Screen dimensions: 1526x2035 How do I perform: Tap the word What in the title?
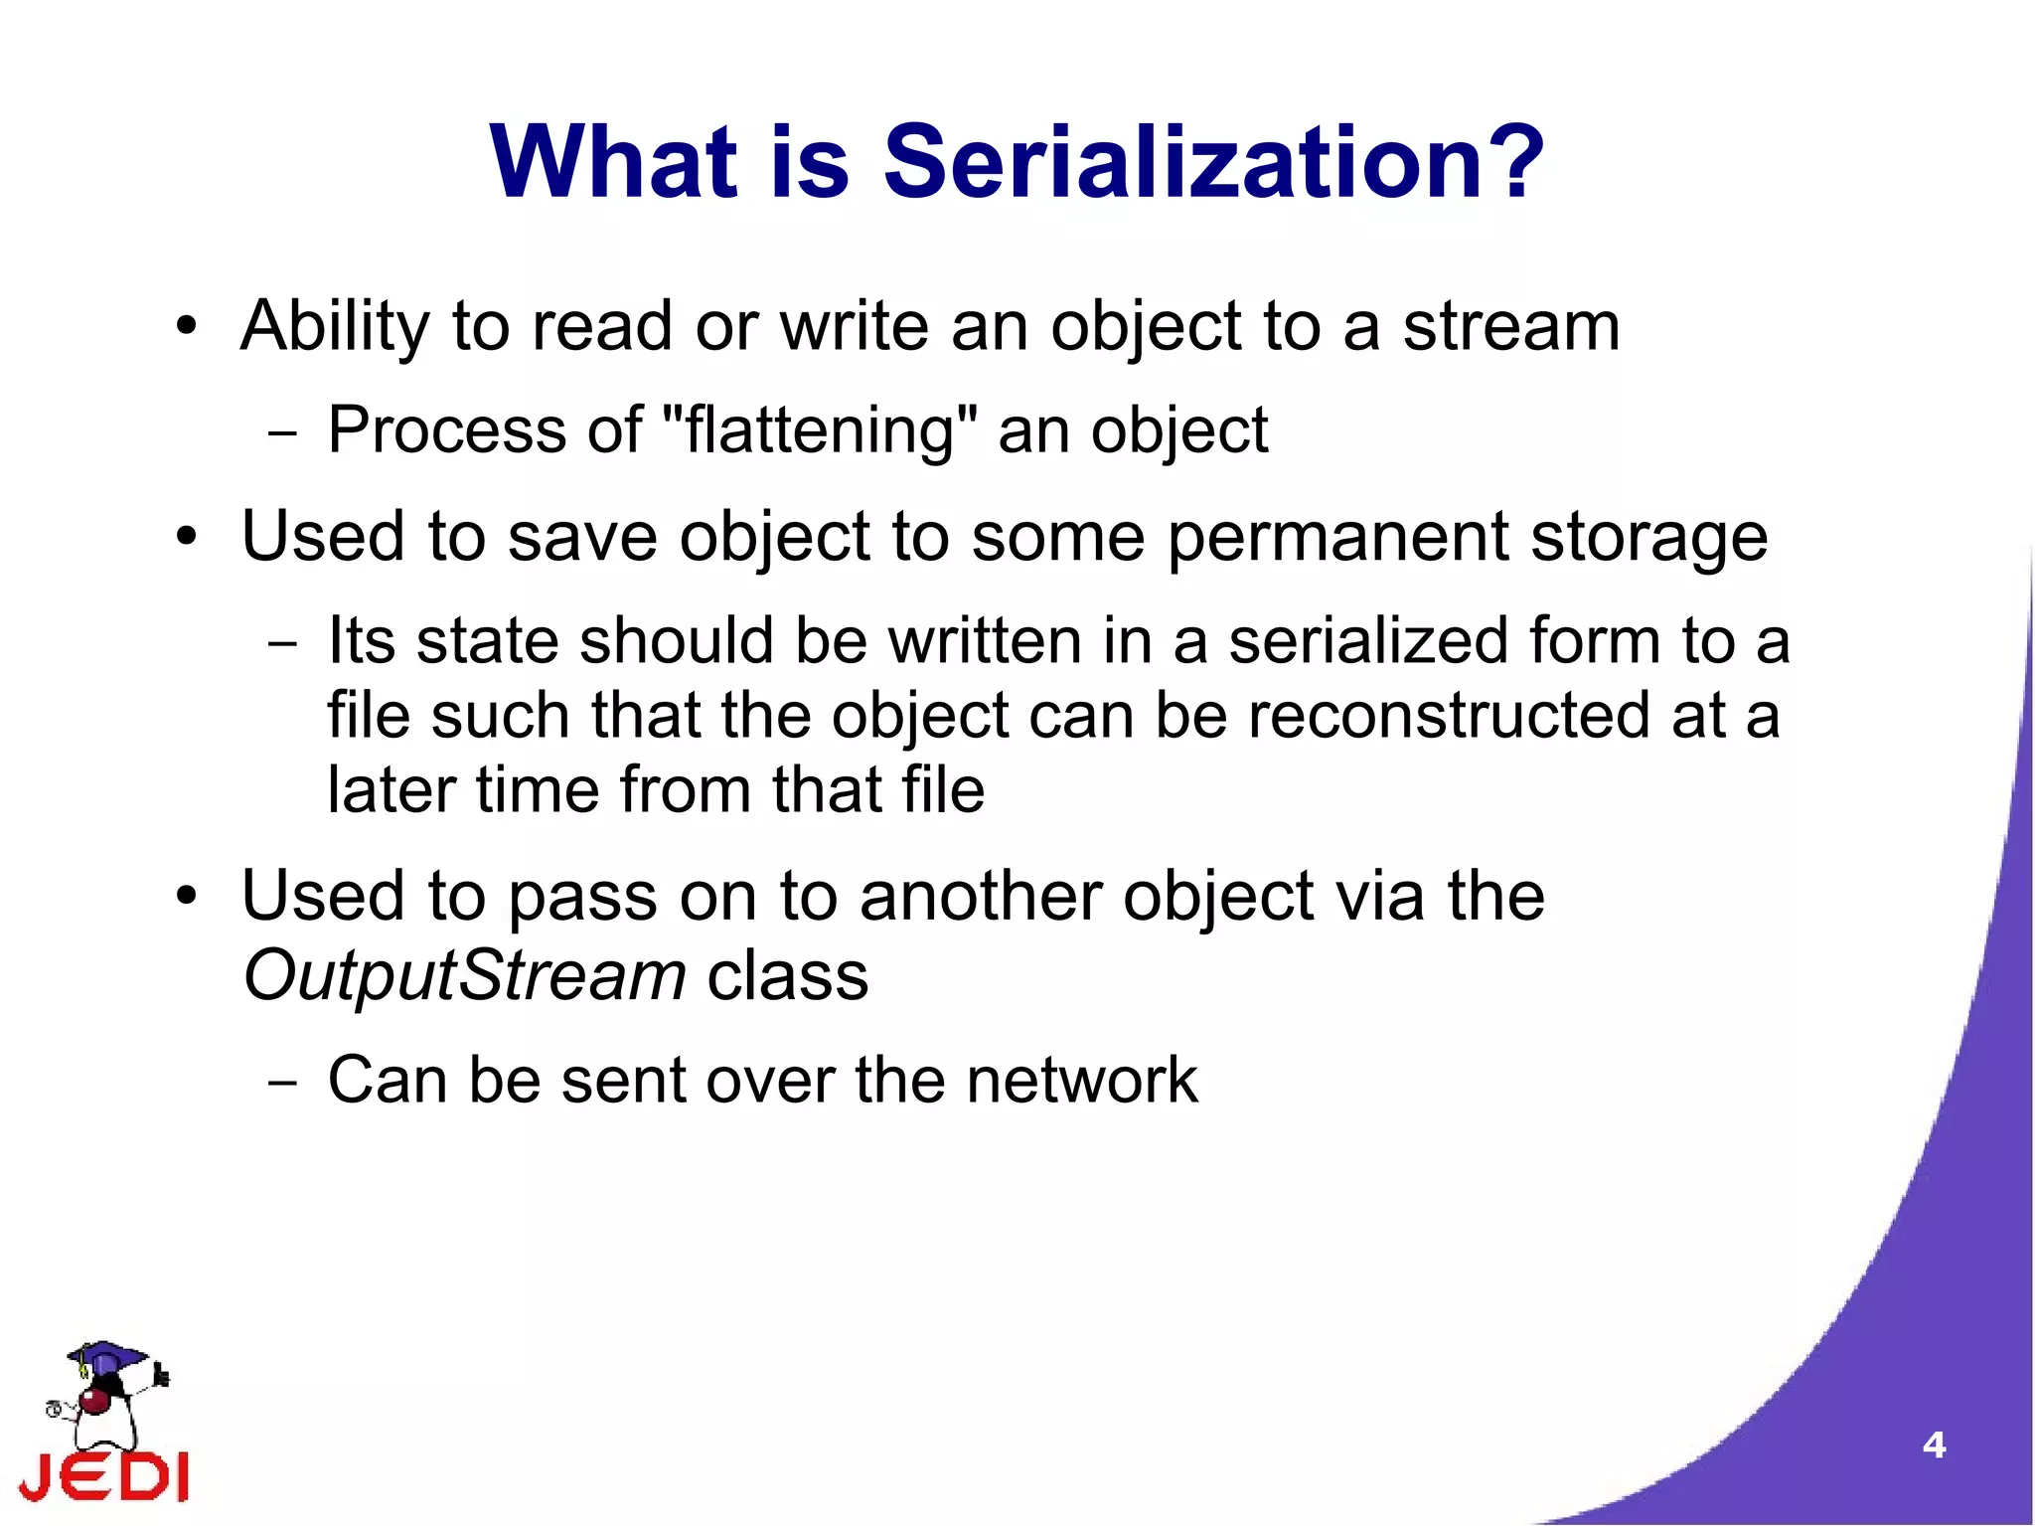[613, 162]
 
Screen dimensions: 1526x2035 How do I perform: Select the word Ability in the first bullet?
[334, 327]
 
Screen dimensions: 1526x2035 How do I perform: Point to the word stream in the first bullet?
[1510, 327]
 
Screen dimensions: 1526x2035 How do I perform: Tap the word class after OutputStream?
[787, 975]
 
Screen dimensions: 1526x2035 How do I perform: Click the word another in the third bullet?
[980, 897]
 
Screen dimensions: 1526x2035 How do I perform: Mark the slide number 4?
[1933, 1444]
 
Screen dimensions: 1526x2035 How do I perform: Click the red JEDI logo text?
[104, 1477]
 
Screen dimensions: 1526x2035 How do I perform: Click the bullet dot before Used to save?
[186, 538]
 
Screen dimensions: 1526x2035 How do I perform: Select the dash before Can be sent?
[282, 1083]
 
